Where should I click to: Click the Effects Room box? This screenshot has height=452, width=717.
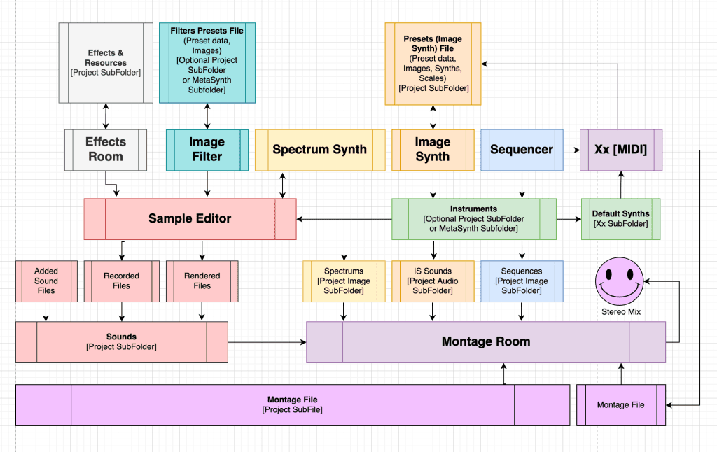[106, 150]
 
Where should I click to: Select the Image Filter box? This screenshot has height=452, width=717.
[207, 150]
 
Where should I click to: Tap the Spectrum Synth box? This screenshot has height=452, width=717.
[320, 150]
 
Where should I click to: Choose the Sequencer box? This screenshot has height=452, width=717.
[522, 150]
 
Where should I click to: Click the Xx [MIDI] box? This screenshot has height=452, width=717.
[621, 150]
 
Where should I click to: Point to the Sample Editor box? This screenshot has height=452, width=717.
[190, 219]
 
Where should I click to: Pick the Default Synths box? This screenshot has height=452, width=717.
[621, 219]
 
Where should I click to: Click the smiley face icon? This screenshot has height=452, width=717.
[620, 281]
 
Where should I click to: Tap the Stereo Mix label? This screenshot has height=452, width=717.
[621, 311]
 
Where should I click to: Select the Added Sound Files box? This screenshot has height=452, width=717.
[47, 281]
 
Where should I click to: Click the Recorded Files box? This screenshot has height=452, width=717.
[122, 281]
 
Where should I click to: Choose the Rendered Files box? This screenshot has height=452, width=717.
[202, 281]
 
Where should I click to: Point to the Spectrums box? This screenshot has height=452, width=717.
[344, 281]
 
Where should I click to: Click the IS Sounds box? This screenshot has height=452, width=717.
[433, 281]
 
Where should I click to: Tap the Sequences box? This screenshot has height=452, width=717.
[522, 281]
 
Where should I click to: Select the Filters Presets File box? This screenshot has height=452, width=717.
[207, 62]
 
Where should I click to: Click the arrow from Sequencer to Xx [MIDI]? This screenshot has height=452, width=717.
[571, 150]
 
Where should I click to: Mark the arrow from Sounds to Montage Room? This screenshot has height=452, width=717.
[267, 342]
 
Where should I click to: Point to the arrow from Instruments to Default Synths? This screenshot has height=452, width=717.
[569, 219]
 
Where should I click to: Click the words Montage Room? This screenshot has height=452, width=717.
[486, 341]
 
